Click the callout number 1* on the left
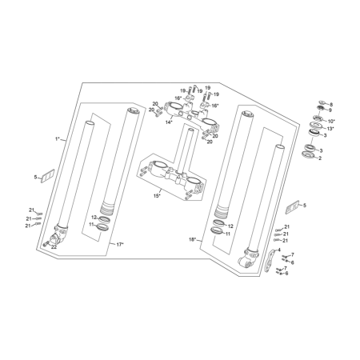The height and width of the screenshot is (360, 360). tap(57, 139)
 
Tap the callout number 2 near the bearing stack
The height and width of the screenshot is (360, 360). tap(320, 158)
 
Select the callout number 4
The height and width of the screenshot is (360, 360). tap(279, 250)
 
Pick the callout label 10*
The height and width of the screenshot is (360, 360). tap(331, 121)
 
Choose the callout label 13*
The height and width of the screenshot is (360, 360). tap(330, 129)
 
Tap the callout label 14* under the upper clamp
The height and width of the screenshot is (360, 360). tap(169, 122)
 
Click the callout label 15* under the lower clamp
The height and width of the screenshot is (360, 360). tap(157, 196)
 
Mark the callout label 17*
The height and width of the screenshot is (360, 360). tap(120, 244)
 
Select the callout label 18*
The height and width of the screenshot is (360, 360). tap(192, 239)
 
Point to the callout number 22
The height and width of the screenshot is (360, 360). tap(54, 247)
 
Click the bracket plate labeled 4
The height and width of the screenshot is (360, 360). tap(270, 261)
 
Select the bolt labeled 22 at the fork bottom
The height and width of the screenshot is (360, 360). tap(46, 243)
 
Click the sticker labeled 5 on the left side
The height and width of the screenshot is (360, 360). tap(47, 176)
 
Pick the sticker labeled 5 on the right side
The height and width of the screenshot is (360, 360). tap(292, 207)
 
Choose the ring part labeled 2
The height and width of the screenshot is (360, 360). tap(308, 154)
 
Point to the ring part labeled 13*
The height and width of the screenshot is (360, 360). tap(316, 125)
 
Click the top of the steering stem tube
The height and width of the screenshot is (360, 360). tap(190, 130)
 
